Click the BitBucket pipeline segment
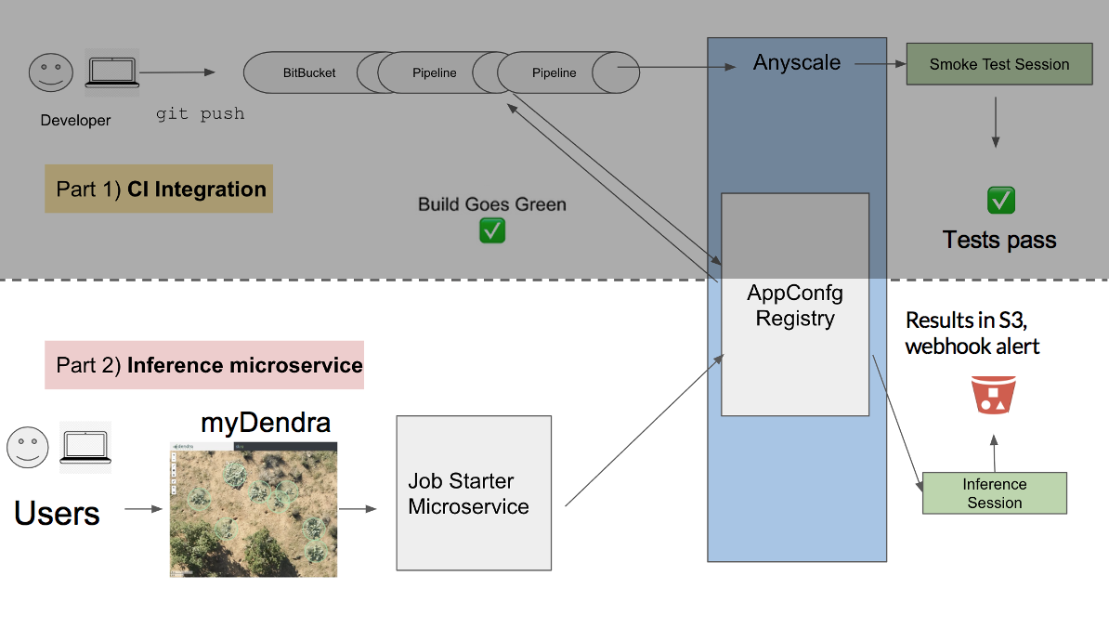[x=309, y=72]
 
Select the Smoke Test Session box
[x=999, y=64]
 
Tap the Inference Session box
[x=994, y=493]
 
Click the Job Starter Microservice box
[x=474, y=493]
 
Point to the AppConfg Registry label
[x=795, y=306]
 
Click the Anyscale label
[x=797, y=63]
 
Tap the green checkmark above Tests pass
[x=1000, y=200]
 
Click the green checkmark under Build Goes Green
[x=492, y=230]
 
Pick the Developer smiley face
[x=50, y=73]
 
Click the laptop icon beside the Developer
[x=111, y=72]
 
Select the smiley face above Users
[x=28, y=447]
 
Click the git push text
[x=200, y=114]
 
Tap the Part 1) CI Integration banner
[x=159, y=190]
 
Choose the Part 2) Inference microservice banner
[x=204, y=365]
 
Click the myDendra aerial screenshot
[x=254, y=509]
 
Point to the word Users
[x=57, y=513]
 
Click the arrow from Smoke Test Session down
[x=996, y=121]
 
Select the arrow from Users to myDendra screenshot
[x=143, y=509]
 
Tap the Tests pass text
[x=999, y=240]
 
